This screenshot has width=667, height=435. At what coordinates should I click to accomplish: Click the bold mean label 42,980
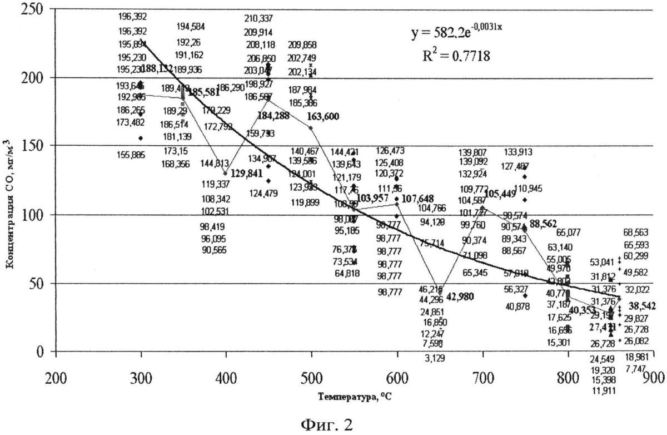460,296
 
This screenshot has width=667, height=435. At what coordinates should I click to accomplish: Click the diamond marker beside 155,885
141,138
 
